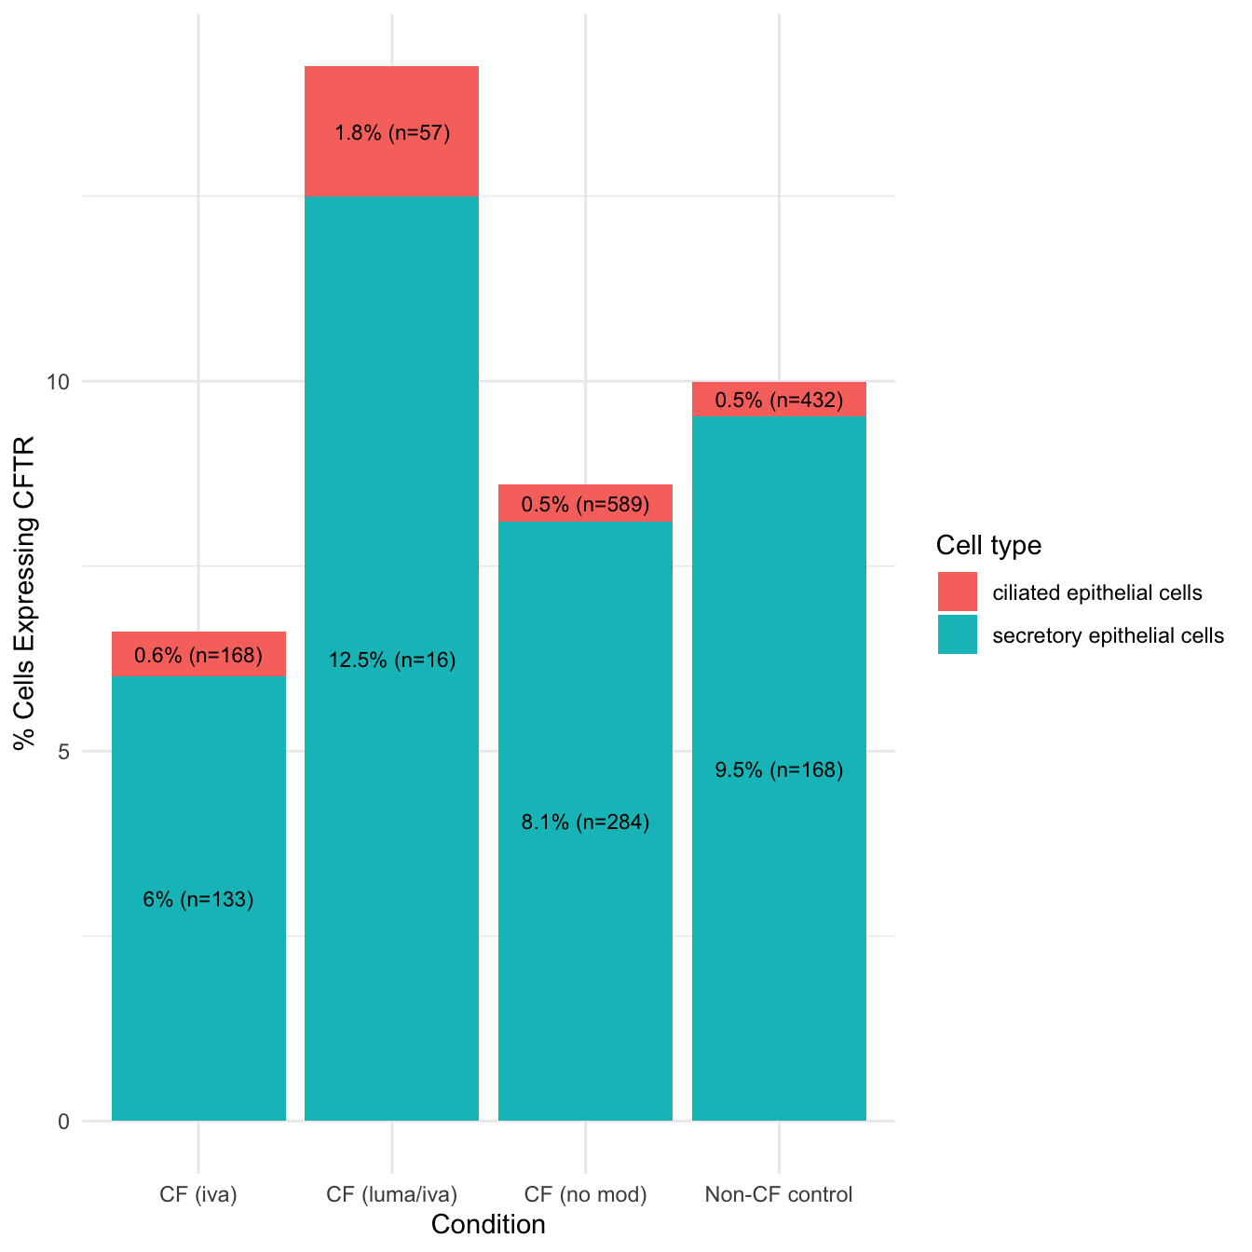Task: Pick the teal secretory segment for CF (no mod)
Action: (585, 932)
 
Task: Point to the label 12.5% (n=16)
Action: (392, 660)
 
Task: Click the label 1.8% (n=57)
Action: (392, 133)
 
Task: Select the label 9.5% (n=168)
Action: (779, 770)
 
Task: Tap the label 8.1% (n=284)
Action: (585, 823)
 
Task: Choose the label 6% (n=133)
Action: (198, 900)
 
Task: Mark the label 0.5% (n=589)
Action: (585, 505)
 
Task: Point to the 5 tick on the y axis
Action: (64, 752)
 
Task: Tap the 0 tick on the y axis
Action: (64, 1122)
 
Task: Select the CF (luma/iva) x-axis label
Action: (392, 1194)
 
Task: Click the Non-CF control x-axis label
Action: (779, 1194)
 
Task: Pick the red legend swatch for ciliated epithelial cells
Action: (958, 592)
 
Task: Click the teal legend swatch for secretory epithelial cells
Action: (958, 635)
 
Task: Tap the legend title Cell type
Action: (988, 545)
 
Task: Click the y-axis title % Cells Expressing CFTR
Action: (24, 592)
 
